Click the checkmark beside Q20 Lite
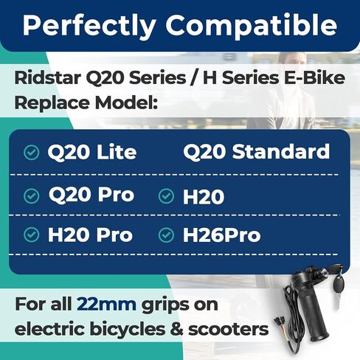coord(31,153)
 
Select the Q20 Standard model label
coord(256,152)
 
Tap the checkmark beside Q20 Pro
coord(31,196)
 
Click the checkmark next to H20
coord(166,196)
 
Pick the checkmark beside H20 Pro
coord(31,235)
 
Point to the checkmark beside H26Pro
coord(166,235)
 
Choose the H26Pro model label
coord(221,235)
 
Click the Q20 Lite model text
coord(91,153)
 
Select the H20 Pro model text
coord(90,235)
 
